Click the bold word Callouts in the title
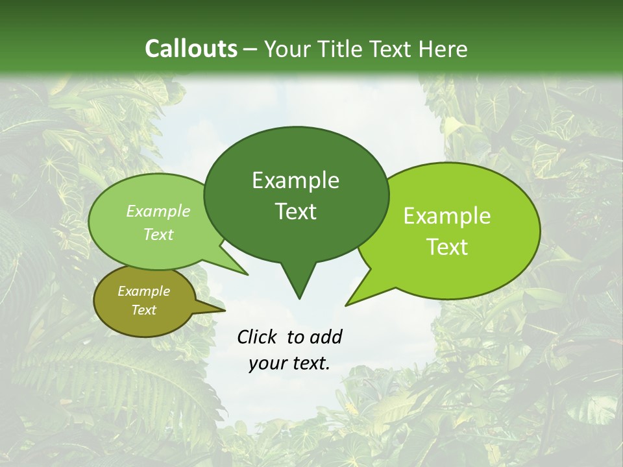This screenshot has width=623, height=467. click(191, 49)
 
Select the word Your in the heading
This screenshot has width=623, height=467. click(289, 49)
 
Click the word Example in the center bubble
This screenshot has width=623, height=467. click(295, 180)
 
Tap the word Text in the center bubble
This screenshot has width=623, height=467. click(296, 211)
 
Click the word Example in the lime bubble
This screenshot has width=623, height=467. click(447, 216)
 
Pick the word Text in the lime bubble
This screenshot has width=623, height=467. click(448, 247)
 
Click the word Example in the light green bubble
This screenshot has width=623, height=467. click(158, 211)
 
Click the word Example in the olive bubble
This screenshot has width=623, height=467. click(143, 291)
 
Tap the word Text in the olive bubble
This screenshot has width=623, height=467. click(144, 310)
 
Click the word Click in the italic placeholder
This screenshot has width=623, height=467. click(257, 337)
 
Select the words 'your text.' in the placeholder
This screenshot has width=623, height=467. click(289, 364)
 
